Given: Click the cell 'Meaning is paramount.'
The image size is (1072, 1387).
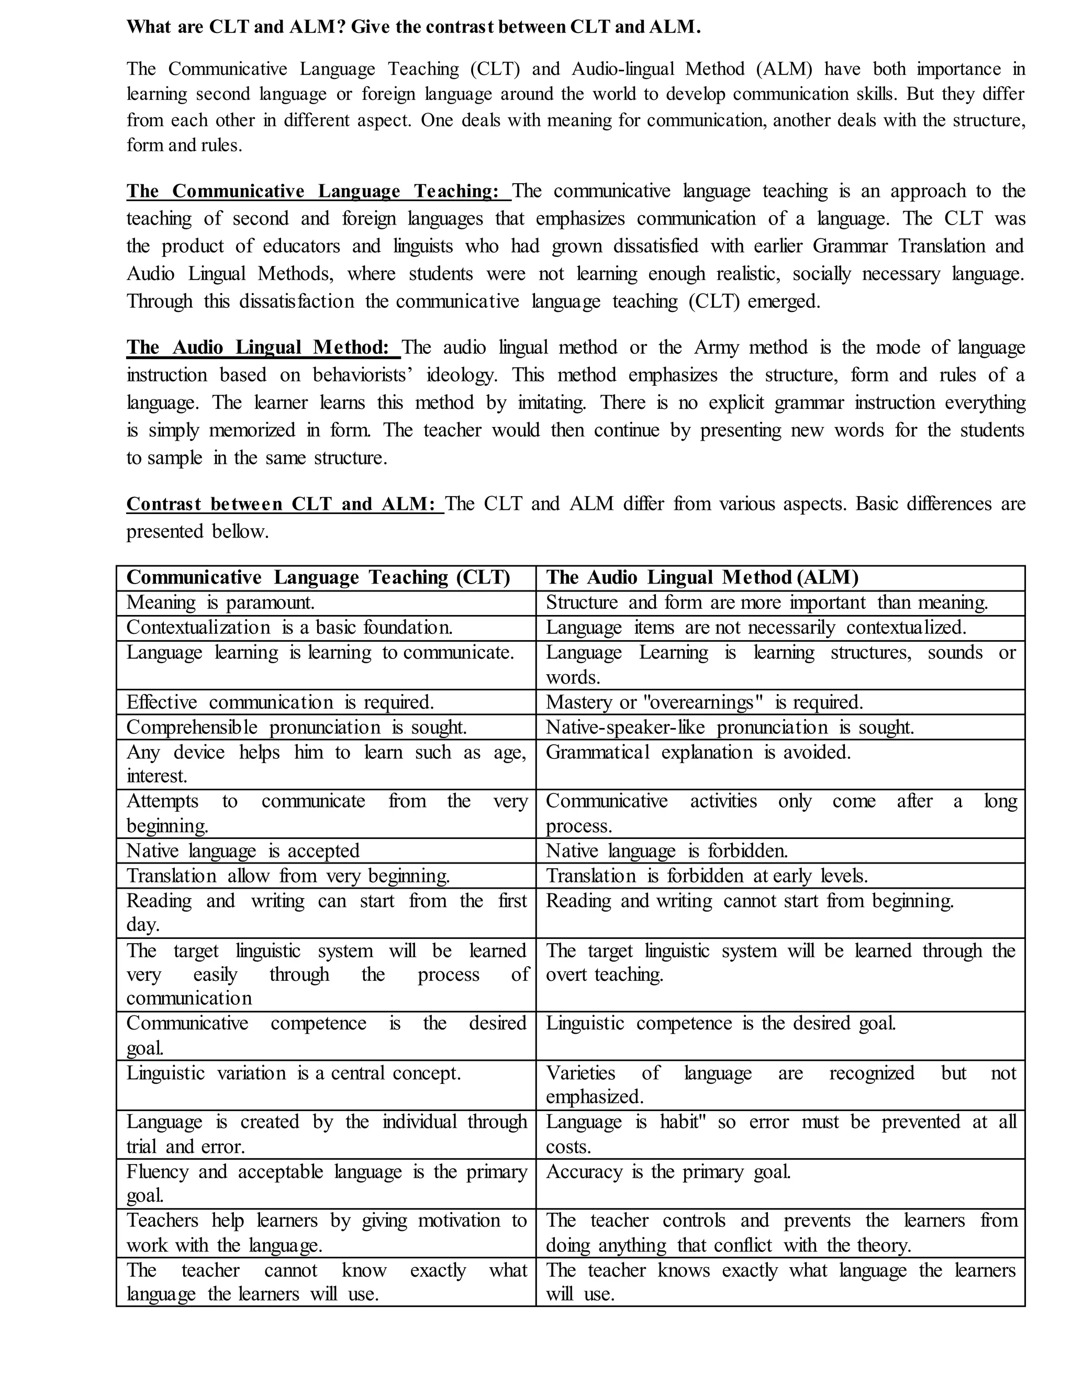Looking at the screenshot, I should tap(220, 602).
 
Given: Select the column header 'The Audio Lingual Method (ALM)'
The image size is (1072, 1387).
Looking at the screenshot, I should tap(702, 577).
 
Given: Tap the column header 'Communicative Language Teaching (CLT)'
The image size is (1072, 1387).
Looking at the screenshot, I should tap(318, 577).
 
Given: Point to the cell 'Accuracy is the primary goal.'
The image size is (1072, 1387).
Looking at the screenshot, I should tap(668, 1172).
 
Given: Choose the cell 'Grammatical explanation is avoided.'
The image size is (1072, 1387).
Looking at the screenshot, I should tap(698, 753).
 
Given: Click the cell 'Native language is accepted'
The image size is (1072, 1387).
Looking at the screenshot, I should tap(242, 851).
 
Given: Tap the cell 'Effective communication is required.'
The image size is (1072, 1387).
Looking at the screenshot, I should tap(280, 702).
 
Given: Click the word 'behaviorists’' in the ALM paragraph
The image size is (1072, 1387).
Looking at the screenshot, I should tap(363, 375).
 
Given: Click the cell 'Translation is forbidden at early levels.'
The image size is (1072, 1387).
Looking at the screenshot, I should tap(706, 876).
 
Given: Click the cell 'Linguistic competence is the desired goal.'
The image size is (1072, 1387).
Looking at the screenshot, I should tap(721, 1024).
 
